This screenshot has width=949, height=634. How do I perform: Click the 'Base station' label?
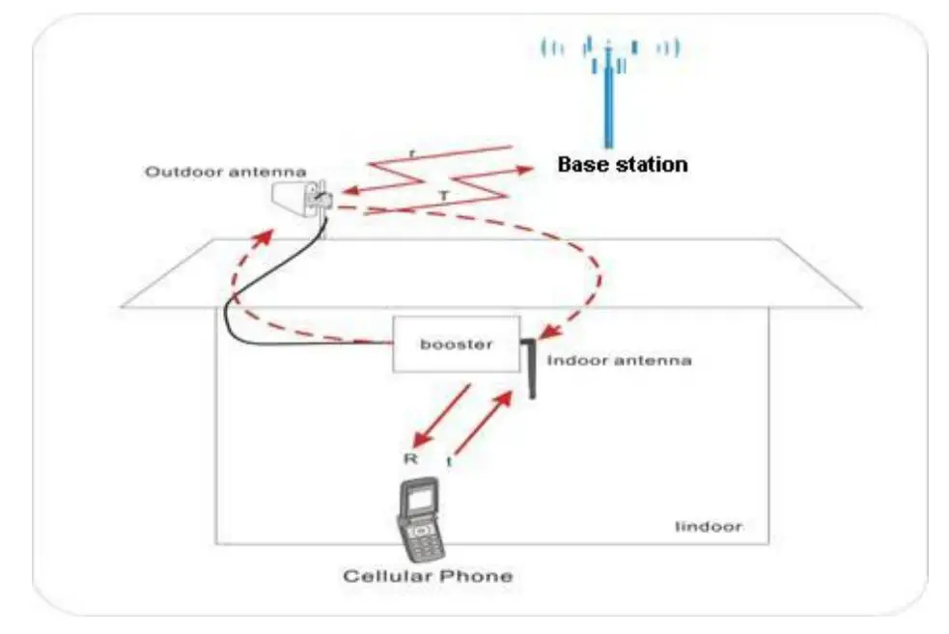(623, 164)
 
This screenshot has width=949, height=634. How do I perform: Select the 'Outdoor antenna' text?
(226, 173)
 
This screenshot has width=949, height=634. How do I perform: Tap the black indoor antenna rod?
(530, 368)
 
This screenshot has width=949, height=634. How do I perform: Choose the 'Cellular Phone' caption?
(429, 577)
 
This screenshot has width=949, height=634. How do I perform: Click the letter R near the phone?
(410, 458)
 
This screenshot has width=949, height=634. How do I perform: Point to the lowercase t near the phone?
(449, 462)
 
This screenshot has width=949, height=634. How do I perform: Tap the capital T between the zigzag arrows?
(443, 195)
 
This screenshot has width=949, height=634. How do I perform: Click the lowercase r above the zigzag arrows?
(412, 152)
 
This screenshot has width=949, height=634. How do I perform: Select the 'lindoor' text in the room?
(709, 527)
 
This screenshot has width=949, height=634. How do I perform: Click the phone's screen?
(421, 499)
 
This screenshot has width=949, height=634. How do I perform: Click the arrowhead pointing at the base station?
(526, 169)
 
